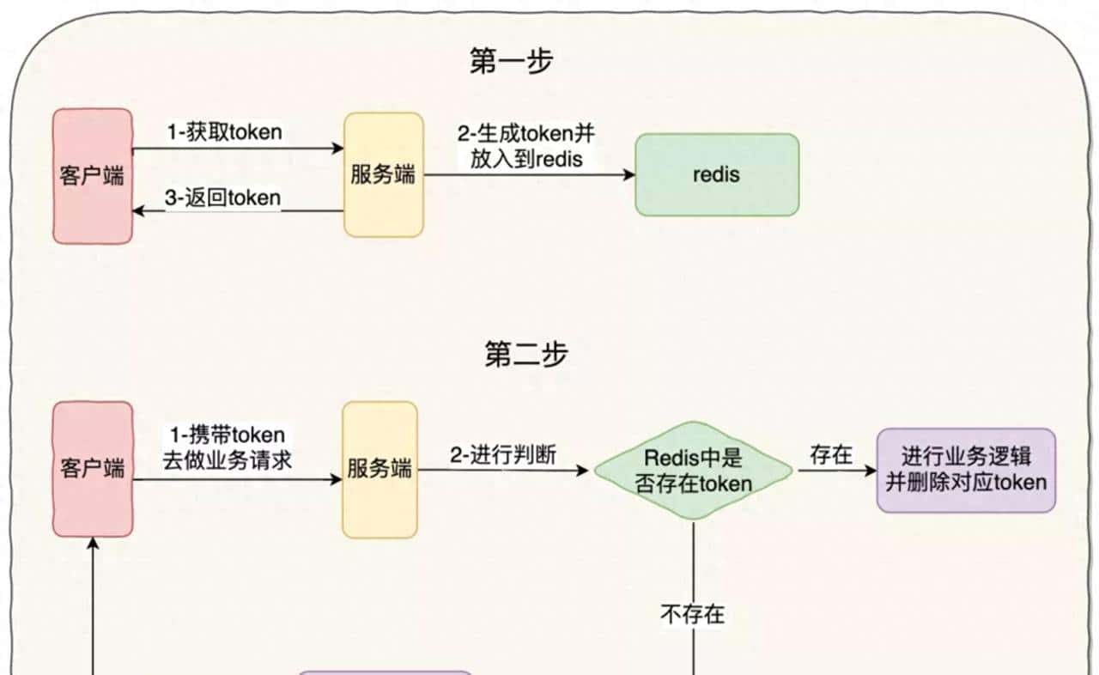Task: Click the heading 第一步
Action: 512,61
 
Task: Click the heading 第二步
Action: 526,355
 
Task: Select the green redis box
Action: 717,174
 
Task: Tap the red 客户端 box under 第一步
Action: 93,176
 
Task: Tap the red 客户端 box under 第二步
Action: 93,469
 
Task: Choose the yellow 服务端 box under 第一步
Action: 384,174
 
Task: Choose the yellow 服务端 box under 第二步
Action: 379,470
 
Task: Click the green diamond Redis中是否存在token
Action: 694,471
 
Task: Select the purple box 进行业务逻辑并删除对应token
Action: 966,470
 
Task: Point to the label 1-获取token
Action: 224,132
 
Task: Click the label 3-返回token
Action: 222,198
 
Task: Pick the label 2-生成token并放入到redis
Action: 526,146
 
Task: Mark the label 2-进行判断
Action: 502,455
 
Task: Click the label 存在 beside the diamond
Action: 831,455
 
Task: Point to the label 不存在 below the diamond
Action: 692,614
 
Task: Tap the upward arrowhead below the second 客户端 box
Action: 93,544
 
